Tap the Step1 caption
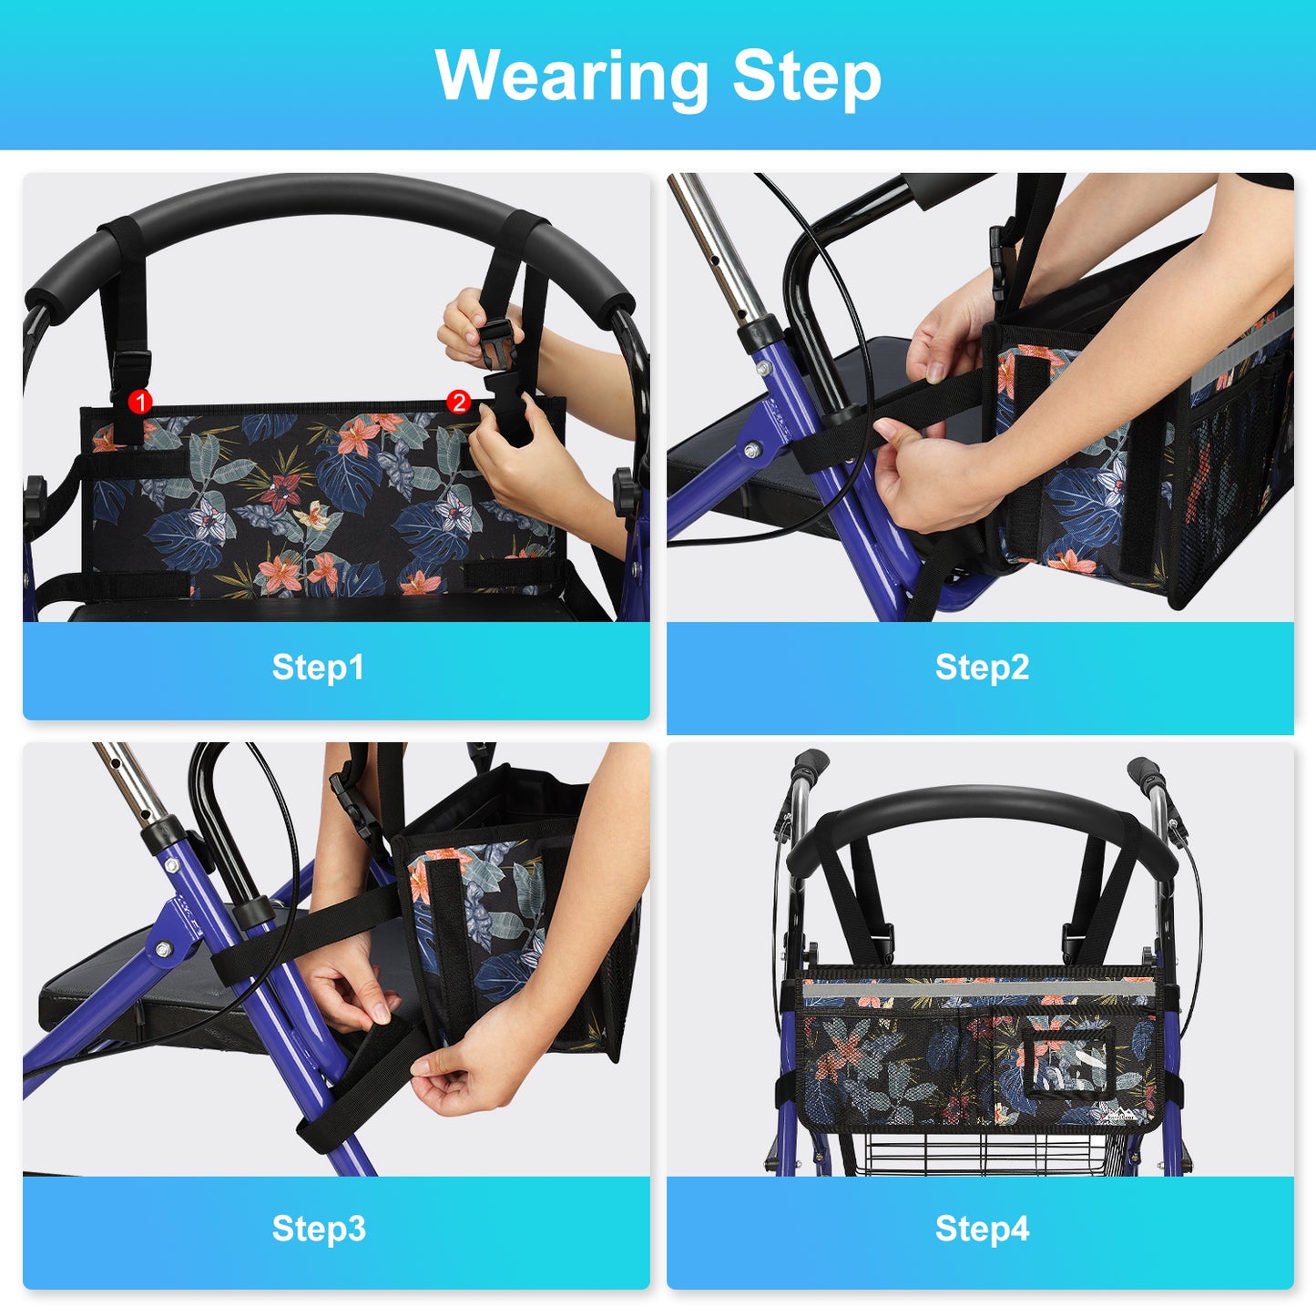pos(318,668)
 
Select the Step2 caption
pos(982,668)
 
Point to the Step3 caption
pos(319,1229)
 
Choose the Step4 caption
pos(982,1229)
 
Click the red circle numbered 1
pos(140,402)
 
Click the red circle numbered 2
pos(458,402)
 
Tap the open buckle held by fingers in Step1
pos(496,343)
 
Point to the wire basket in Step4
pos(984,1155)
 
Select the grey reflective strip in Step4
pos(978,988)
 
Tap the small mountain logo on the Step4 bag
pos(1114,1113)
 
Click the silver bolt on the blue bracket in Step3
pos(164,949)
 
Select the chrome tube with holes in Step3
pos(129,784)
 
